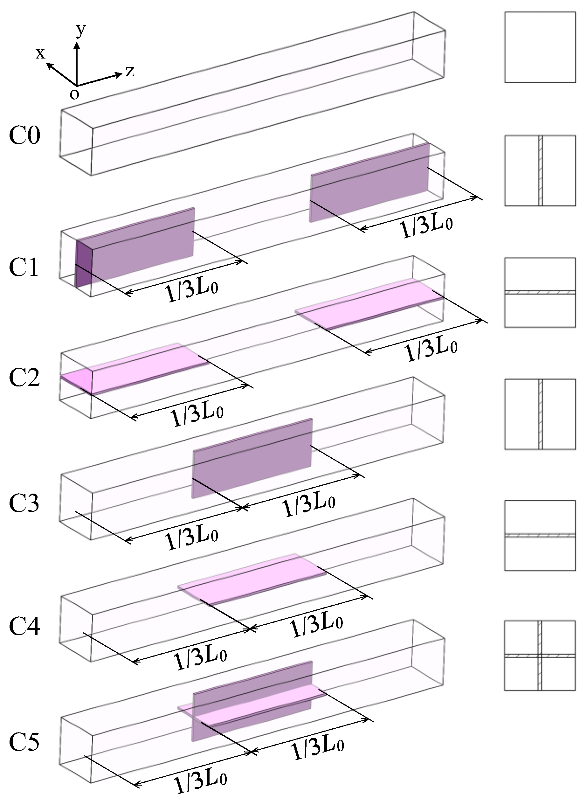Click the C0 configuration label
(24, 135)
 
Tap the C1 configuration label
(24, 267)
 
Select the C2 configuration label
(24, 378)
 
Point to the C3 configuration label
(24, 503)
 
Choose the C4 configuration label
(24, 626)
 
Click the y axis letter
(81, 31)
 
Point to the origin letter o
(74, 94)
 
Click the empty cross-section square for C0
(540, 47)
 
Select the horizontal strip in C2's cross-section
(540, 293)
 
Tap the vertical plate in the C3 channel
(252, 458)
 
